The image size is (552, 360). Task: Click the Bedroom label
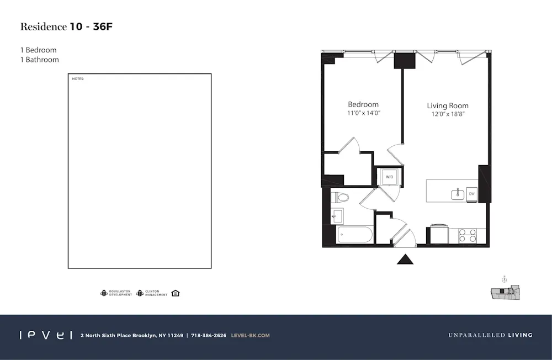pos(363,104)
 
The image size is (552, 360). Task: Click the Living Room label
pos(448,105)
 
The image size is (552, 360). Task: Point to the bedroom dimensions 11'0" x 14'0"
pos(364,113)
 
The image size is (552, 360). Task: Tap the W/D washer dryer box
pos(389,177)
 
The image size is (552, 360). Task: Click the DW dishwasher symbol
pos(471,194)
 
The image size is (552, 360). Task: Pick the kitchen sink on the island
pos(457,194)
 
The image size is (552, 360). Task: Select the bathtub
pos(355,236)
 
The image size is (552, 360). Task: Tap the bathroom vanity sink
pos(337,216)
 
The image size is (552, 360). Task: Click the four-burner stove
pos(468,236)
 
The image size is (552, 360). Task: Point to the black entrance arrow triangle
pos(406,258)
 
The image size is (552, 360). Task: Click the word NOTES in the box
pos(78,79)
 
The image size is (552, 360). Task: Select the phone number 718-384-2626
pos(208,335)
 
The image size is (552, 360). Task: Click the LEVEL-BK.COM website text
pos(251,335)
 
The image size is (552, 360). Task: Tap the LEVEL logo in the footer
pos(45,335)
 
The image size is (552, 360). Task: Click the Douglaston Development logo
pos(116,293)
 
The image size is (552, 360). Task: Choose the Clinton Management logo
pos(152,293)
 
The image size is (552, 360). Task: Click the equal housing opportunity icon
pos(176,293)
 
